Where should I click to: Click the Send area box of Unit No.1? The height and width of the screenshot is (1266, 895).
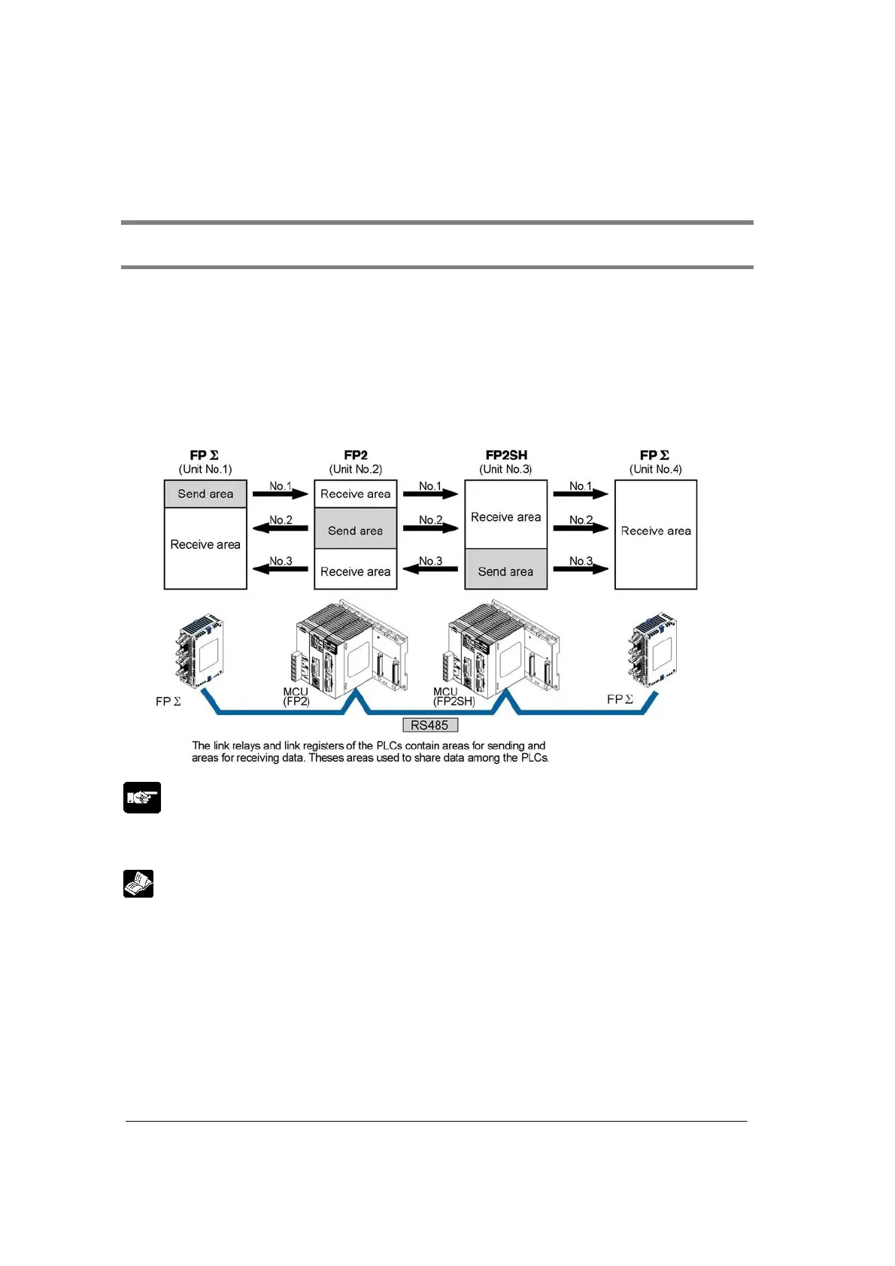coord(205,494)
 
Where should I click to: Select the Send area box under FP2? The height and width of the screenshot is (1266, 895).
coord(355,530)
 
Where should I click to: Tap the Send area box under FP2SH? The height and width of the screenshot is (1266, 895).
coord(505,571)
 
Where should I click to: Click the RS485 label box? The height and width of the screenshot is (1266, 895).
coord(429,725)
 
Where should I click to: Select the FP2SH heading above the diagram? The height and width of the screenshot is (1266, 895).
coord(506,455)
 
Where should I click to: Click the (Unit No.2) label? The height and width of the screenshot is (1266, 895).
coord(355,469)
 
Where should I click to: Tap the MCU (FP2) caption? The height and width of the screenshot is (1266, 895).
coord(296,696)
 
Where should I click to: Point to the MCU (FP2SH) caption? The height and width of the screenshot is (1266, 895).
coord(454,696)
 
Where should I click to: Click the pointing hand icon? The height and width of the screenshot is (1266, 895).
coord(142,798)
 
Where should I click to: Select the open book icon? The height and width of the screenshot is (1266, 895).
coord(138,883)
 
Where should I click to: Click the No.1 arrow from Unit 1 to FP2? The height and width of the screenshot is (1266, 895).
coord(281,493)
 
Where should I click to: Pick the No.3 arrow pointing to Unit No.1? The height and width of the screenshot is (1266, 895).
coord(281,568)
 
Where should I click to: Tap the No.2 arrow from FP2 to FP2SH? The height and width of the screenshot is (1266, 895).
coord(430,527)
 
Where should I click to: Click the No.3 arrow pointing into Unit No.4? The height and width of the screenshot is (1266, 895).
coord(581,568)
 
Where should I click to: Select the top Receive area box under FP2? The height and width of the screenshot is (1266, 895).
coord(355,494)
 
